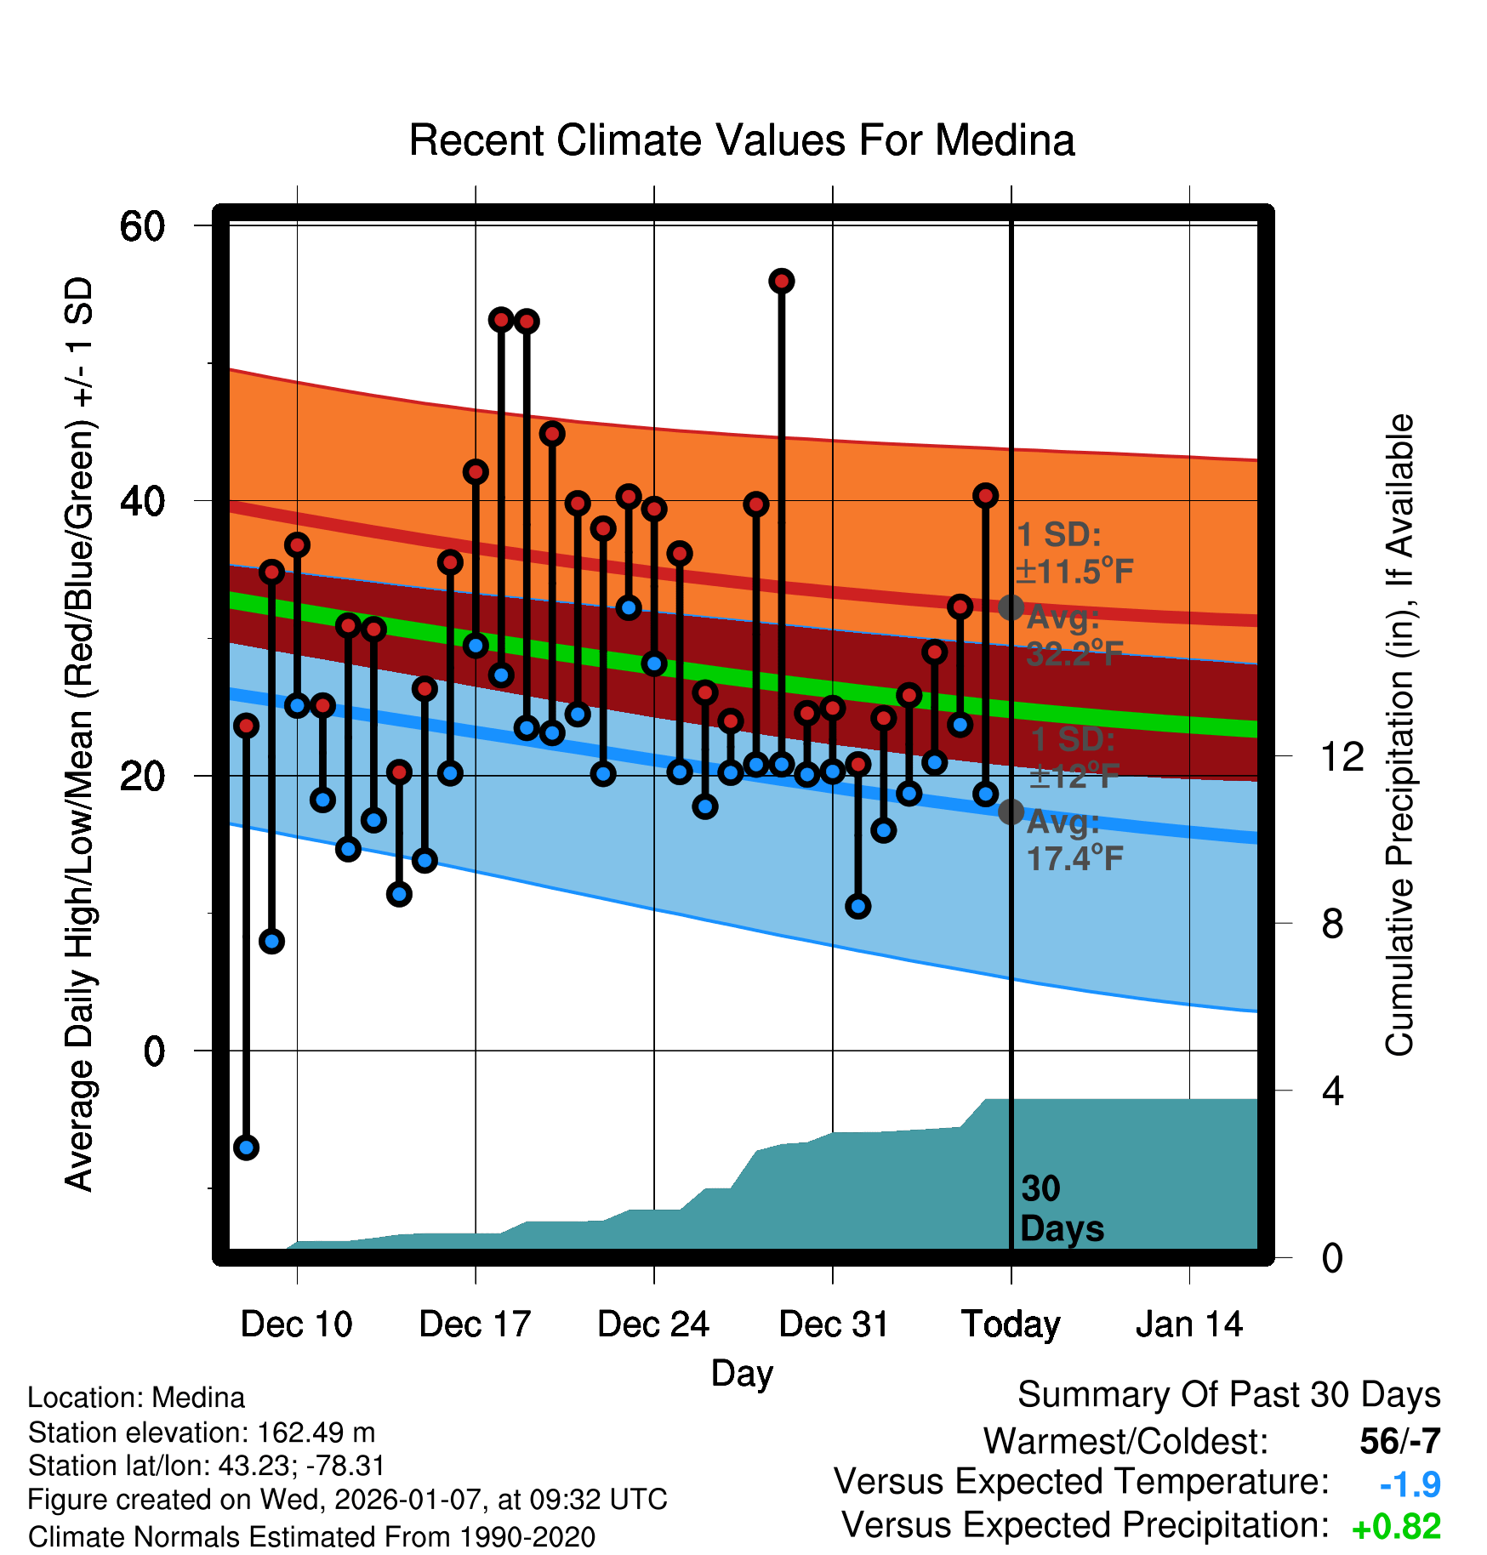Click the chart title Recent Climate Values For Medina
742,140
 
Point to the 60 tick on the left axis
142,226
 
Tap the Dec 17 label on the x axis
475,1324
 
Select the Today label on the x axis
1011,1324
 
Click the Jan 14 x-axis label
1189,1324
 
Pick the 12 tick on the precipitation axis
1342,756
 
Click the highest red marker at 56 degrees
782,281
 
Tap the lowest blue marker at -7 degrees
247,1148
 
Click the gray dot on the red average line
1011,607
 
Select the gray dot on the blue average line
1011,812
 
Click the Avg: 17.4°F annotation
1074,840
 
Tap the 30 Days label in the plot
1061,1209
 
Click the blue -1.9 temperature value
1410,1484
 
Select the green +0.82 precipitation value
1396,1527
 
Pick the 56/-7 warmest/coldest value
1399,1441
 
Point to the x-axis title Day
742,1373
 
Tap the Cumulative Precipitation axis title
1399,735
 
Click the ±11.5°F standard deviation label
1075,571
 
